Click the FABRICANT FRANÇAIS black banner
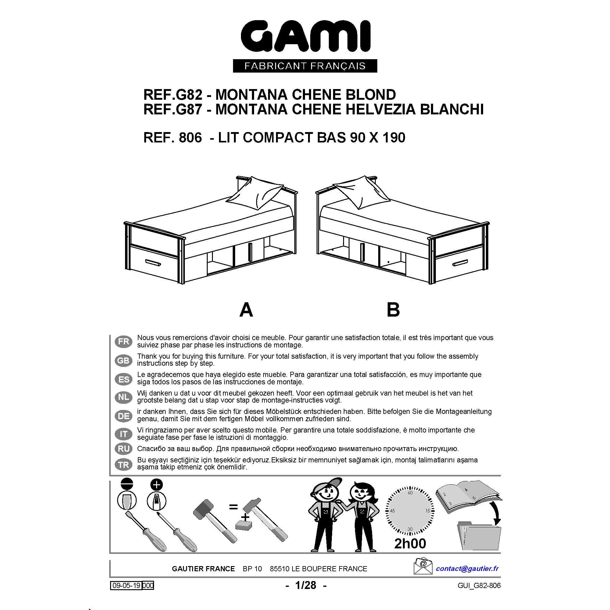pyautogui.click(x=305, y=66)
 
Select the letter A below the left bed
pyautogui.click(x=246, y=310)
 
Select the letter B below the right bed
pyautogui.click(x=393, y=310)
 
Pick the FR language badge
pyautogui.click(x=124, y=341)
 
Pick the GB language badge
pyautogui.click(x=124, y=360)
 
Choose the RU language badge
pyautogui.click(x=124, y=448)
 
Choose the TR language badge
pyautogui.click(x=124, y=465)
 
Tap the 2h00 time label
pyautogui.click(x=410, y=544)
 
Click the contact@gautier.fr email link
pyautogui.click(x=467, y=568)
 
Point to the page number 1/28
pyautogui.click(x=306, y=585)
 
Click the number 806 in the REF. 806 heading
pyautogui.click(x=190, y=138)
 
